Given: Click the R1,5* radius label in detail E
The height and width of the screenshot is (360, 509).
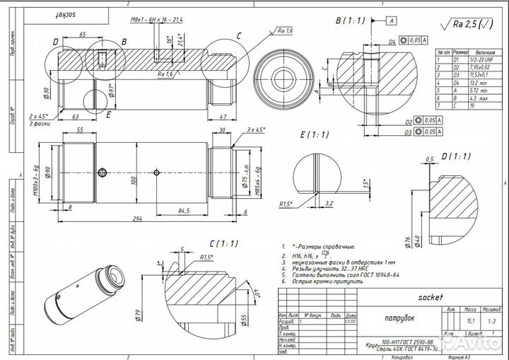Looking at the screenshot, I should pyautogui.click(x=286, y=204).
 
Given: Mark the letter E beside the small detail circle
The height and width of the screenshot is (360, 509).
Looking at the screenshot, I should pyautogui.click(x=108, y=112).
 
